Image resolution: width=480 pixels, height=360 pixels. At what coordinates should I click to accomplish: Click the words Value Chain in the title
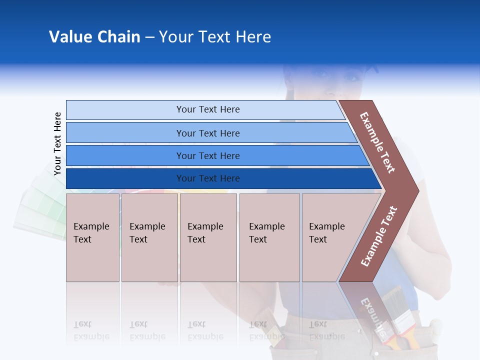point(94,37)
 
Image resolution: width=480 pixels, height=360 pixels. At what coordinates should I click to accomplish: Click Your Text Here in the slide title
point(215,37)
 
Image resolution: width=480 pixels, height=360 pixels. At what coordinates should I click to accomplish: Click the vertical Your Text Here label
point(57,144)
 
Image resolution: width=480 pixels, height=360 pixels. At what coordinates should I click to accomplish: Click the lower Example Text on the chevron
point(379,236)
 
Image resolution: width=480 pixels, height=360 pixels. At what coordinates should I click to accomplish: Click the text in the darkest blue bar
point(208,178)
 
